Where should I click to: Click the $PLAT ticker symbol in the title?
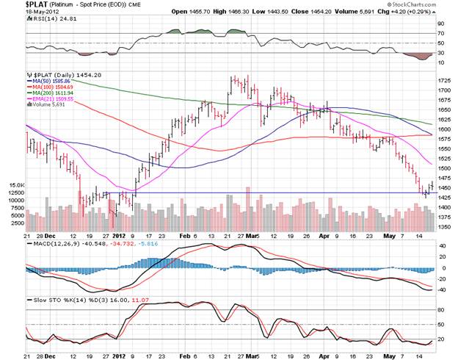coord(16,4)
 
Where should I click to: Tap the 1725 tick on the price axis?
coord(444,80)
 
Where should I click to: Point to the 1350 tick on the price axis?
coord(444,227)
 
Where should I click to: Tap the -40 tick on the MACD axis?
coord(441,289)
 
